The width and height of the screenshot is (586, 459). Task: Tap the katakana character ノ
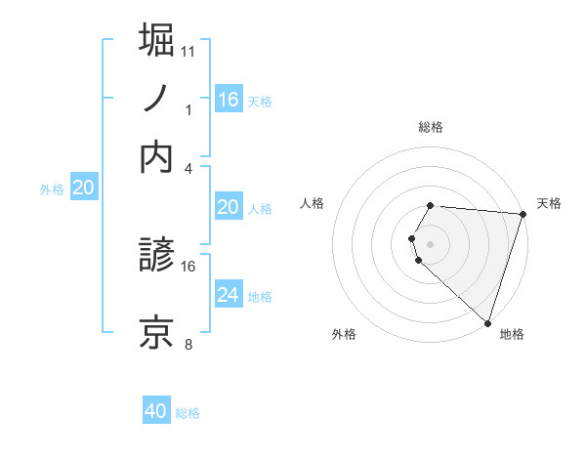click(x=157, y=99)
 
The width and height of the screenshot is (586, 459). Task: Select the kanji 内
click(x=157, y=157)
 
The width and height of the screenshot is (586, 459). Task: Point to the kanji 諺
click(x=157, y=257)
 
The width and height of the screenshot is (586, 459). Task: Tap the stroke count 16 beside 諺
click(x=188, y=266)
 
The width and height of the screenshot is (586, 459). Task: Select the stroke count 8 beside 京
click(x=188, y=344)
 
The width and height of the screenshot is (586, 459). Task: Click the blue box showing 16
click(x=228, y=99)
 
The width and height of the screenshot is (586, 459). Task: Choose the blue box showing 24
click(x=228, y=294)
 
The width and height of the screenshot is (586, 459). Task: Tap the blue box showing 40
click(x=156, y=411)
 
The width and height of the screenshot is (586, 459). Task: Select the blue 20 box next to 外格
click(x=84, y=188)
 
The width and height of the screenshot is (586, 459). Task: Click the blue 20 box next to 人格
click(x=228, y=207)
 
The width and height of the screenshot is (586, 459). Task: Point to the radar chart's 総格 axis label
click(x=431, y=127)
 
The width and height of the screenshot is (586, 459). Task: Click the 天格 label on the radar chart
click(x=549, y=203)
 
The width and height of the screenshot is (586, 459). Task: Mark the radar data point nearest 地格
click(x=487, y=323)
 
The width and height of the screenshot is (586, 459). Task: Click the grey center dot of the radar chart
click(x=430, y=243)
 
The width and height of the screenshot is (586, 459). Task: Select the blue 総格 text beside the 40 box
click(x=188, y=413)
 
